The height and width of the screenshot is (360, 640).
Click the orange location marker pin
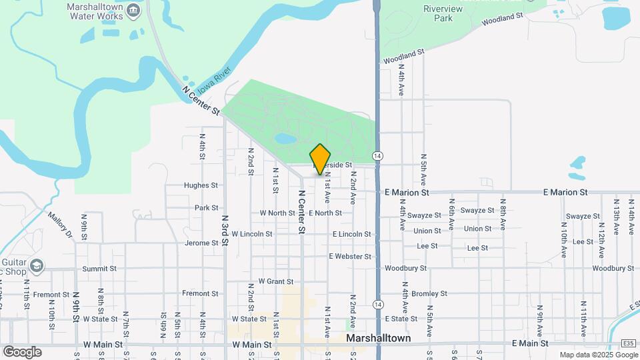(x=321, y=159)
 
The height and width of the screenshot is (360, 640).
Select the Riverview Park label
(x=438, y=13)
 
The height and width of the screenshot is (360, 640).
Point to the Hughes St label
(x=201, y=185)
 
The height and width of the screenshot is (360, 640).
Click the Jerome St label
(x=201, y=243)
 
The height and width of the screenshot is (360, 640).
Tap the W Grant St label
(x=275, y=281)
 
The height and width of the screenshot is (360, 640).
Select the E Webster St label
(x=349, y=256)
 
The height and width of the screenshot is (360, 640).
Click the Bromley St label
(x=429, y=293)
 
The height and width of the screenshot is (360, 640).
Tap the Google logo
(x=22, y=352)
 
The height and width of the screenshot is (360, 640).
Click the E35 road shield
(x=627, y=343)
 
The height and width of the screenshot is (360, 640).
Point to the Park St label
(x=206, y=208)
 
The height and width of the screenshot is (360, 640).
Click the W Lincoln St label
(x=251, y=234)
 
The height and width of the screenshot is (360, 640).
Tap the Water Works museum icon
(x=133, y=10)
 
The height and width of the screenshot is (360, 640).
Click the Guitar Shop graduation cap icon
(x=37, y=266)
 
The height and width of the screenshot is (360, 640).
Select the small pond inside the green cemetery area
(x=285, y=139)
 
